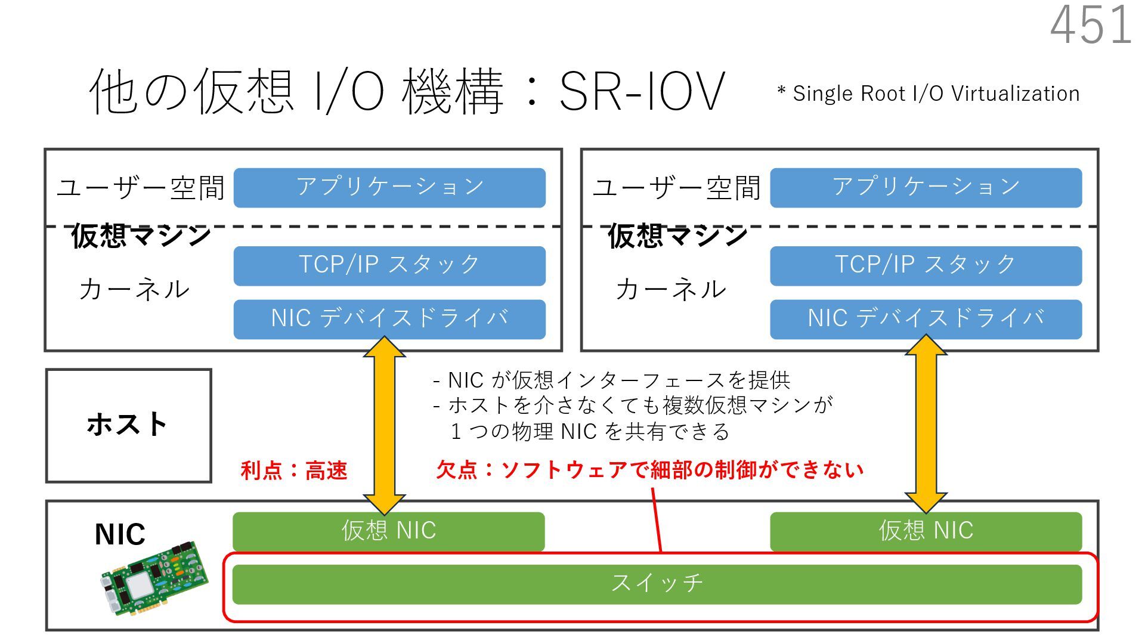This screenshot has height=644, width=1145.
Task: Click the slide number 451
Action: (x=1091, y=25)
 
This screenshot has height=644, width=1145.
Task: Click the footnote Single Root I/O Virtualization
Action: (x=929, y=94)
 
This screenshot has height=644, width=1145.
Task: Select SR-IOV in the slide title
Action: (x=642, y=92)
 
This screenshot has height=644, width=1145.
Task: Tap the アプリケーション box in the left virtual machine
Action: (x=389, y=187)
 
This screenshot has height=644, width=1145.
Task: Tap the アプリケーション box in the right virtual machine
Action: (x=926, y=187)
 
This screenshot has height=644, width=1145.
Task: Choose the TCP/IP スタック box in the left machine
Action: (x=389, y=265)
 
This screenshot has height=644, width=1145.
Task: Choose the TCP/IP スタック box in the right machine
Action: (x=926, y=265)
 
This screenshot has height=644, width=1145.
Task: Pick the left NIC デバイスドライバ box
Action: (x=389, y=319)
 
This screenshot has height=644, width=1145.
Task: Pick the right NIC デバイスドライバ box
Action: (x=926, y=319)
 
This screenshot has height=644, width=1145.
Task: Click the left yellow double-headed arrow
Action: (x=385, y=425)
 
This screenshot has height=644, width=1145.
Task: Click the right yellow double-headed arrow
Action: (x=926, y=425)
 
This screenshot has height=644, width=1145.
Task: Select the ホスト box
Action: (x=128, y=425)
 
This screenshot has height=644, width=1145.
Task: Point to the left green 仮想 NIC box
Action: (x=388, y=531)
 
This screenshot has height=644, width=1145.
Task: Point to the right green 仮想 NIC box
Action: (x=926, y=531)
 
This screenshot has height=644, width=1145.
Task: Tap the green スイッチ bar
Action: (x=657, y=584)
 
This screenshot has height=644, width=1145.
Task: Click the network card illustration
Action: (x=155, y=578)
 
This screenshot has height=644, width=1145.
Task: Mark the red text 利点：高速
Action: (x=293, y=470)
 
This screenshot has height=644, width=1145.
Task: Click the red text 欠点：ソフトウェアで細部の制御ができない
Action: (x=649, y=470)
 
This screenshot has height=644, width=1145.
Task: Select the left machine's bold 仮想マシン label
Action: (x=141, y=236)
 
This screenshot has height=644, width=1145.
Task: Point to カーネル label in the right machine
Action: (x=671, y=289)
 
